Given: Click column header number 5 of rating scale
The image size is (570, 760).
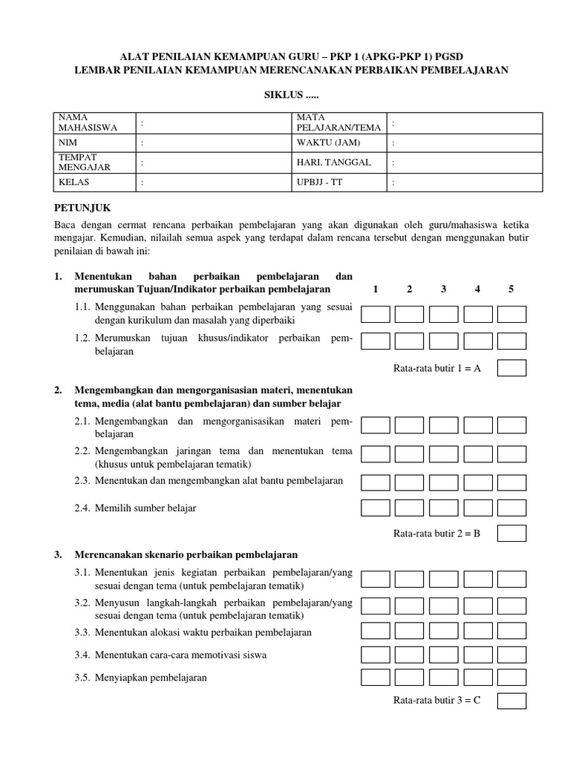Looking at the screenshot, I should (x=511, y=289).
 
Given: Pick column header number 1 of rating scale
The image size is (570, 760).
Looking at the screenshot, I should (x=376, y=289).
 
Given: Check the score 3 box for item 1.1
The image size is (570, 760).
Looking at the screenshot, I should (x=443, y=315).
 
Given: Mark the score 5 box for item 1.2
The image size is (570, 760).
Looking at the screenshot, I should (x=511, y=341).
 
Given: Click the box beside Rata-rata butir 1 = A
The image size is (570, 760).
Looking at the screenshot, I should (x=511, y=368).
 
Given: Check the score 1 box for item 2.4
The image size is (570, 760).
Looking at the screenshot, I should (x=376, y=508).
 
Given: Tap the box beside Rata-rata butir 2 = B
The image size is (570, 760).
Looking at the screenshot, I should (x=511, y=534).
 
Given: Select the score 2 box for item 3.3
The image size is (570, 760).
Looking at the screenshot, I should (x=410, y=631).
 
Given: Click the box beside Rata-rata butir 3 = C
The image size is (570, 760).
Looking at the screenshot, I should (x=511, y=701).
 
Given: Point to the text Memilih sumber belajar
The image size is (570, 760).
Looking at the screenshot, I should (x=145, y=508).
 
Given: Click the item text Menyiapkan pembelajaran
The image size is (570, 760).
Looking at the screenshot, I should (x=151, y=678).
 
